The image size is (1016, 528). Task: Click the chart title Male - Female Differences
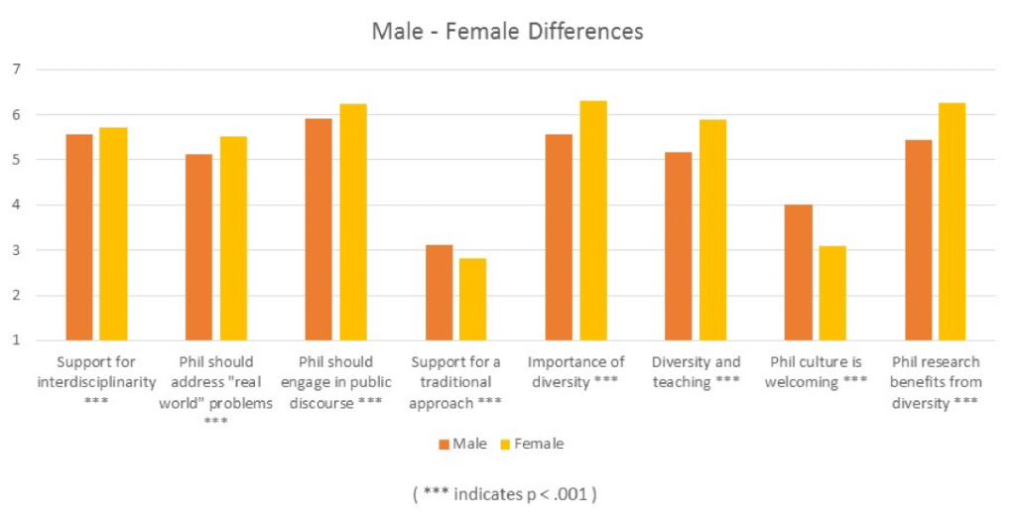(507, 32)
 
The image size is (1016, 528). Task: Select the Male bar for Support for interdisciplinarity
(79, 237)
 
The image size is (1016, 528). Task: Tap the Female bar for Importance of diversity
(593, 220)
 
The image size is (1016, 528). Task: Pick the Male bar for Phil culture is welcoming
(799, 273)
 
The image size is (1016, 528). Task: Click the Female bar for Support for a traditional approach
(473, 300)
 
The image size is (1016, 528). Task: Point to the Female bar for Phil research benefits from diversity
(952, 221)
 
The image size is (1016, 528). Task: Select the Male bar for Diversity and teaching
(679, 246)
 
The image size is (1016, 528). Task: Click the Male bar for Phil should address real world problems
(198, 247)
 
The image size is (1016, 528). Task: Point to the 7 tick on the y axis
(17, 69)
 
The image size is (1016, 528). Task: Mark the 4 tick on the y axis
(17, 205)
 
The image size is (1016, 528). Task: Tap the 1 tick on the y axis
(17, 340)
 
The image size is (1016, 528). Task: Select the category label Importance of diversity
(576, 372)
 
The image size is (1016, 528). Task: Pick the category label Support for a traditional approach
(456, 382)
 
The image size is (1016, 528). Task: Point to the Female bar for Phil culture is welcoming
(832, 293)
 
